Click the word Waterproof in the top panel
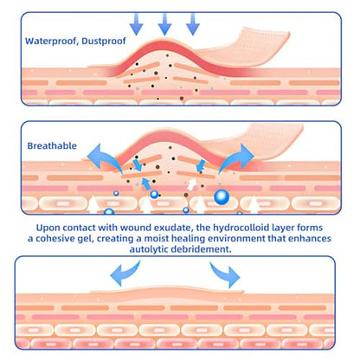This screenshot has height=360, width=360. [50, 42]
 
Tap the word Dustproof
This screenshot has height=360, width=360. [104, 42]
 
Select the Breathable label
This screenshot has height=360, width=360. [52, 145]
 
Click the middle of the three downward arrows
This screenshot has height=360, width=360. [164, 24]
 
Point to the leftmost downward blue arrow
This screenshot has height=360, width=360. [136, 24]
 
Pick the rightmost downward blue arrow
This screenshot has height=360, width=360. [193, 24]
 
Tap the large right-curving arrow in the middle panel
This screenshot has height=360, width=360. [236, 158]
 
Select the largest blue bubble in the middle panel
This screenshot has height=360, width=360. [222, 197]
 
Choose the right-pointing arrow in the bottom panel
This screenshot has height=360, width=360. [225, 274]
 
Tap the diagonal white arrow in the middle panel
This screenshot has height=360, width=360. [192, 184]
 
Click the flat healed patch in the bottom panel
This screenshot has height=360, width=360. [167, 290]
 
